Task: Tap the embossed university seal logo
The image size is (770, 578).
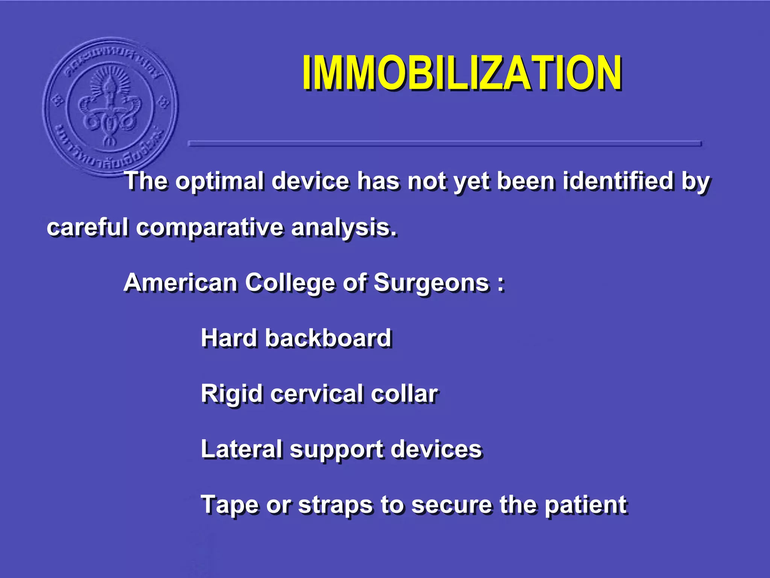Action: click(x=110, y=106)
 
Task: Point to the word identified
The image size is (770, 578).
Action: click(x=618, y=181)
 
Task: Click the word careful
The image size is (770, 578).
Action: click(x=87, y=228)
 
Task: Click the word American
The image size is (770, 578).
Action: click(x=180, y=283)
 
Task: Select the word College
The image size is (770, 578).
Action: click(x=290, y=283)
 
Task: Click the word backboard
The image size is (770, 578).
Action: click(x=328, y=338)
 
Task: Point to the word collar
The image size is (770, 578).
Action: click(x=404, y=394)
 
